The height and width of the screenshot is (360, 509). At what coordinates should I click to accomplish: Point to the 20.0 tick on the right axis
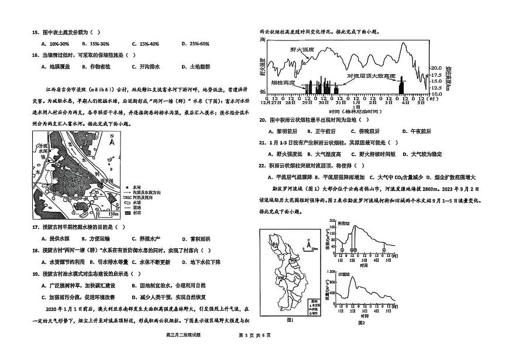435,68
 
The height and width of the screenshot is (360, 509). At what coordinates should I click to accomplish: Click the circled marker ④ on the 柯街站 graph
383,249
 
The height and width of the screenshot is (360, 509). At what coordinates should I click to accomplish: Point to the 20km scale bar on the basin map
313,249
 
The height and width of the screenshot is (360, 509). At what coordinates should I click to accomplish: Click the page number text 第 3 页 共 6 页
254,351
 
